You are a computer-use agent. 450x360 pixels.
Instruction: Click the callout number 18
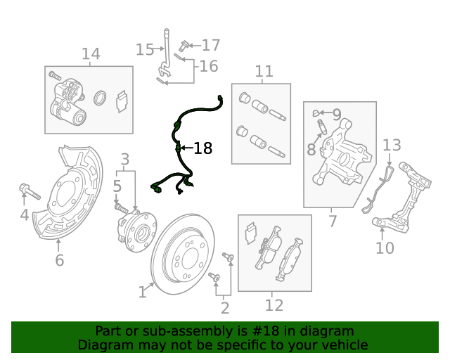click(202, 148)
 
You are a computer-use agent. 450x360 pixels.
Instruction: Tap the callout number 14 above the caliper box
click(91, 54)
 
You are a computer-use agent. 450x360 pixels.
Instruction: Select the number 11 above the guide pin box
click(264, 71)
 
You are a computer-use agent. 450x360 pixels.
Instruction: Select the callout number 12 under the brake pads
click(274, 304)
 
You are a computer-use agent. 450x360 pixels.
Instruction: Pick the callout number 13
click(392, 146)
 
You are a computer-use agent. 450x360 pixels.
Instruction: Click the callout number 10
click(385, 247)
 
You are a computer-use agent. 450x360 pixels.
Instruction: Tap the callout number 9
click(336, 113)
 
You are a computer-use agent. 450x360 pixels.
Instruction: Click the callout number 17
click(211, 46)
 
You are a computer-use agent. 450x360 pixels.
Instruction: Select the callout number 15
click(145, 49)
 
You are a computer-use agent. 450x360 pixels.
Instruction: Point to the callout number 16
click(208, 67)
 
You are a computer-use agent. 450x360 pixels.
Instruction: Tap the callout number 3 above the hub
click(124, 159)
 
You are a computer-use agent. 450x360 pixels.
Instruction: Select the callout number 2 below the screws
click(225, 307)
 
